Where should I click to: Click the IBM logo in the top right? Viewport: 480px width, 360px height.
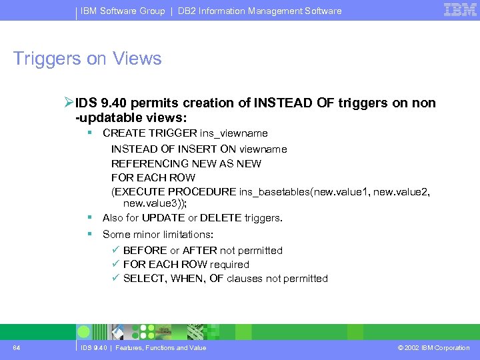459,10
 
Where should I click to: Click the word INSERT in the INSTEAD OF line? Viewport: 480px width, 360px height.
199,149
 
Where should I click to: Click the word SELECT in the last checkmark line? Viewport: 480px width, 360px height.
144,279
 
